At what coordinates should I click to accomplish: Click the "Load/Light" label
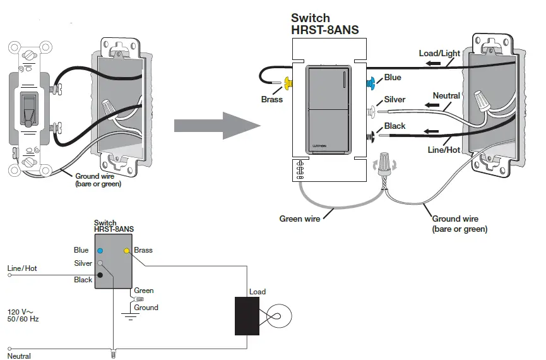pos(439,53)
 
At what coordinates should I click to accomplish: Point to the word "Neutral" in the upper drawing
pos(446,96)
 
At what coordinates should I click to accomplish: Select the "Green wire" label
pos(300,219)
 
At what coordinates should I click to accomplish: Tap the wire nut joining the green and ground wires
pos(384,165)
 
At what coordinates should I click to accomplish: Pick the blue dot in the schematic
pos(100,251)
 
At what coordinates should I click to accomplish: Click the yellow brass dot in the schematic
pos(127,251)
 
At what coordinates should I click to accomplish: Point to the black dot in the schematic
pos(100,275)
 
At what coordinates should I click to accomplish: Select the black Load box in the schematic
pos(246,316)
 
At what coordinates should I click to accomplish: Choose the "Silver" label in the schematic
pos(83,263)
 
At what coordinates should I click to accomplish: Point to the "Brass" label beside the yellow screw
pos(272,99)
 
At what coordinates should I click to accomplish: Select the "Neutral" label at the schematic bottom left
pos(19,356)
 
